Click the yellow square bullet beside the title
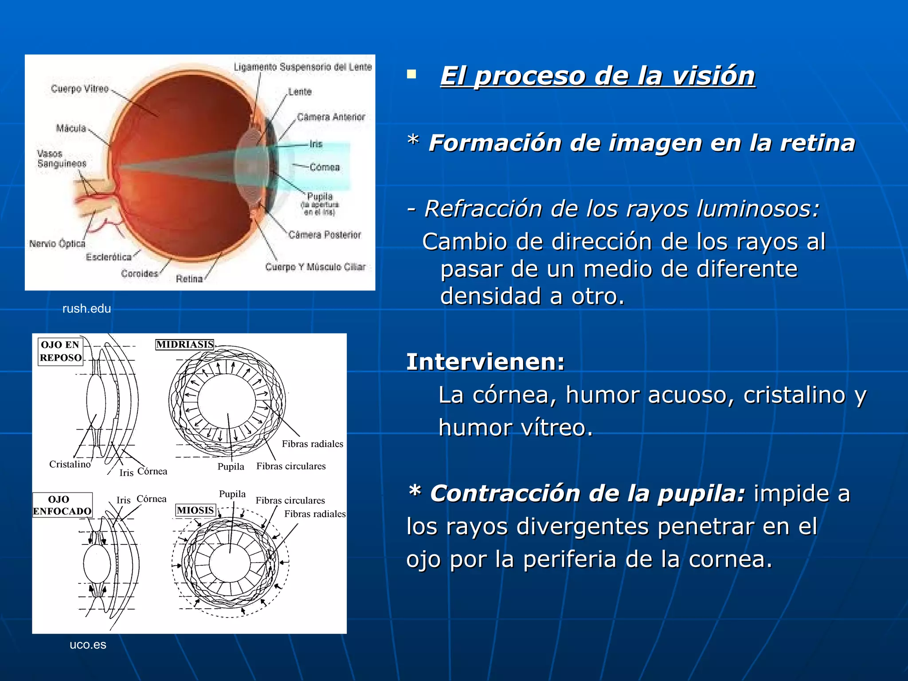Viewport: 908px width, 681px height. pos(412,74)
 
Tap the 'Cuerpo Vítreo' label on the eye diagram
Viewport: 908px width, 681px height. pos(80,89)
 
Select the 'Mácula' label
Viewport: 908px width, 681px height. pos(71,128)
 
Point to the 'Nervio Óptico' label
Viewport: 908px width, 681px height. pos(57,243)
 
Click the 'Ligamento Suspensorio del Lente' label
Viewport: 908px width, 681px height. pos(303,67)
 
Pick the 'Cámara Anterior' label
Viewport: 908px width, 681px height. pos(331,117)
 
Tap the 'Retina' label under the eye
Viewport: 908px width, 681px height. pos(189,279)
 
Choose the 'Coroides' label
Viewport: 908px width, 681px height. pos(140,274)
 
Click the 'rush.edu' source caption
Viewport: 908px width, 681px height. pos(86,309)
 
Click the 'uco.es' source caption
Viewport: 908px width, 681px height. pos(88,645)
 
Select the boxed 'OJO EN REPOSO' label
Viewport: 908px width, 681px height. pos(61,351)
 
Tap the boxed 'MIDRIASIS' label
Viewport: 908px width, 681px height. pos(185,344)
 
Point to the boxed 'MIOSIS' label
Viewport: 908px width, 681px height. pos(196,510)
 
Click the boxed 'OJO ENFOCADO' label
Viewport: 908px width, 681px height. pos(62,505)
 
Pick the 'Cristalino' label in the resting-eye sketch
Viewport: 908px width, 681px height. pos(70,464)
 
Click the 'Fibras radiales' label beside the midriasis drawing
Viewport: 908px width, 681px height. pos(313,444)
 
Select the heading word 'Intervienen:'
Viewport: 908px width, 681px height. pos(485,362)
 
